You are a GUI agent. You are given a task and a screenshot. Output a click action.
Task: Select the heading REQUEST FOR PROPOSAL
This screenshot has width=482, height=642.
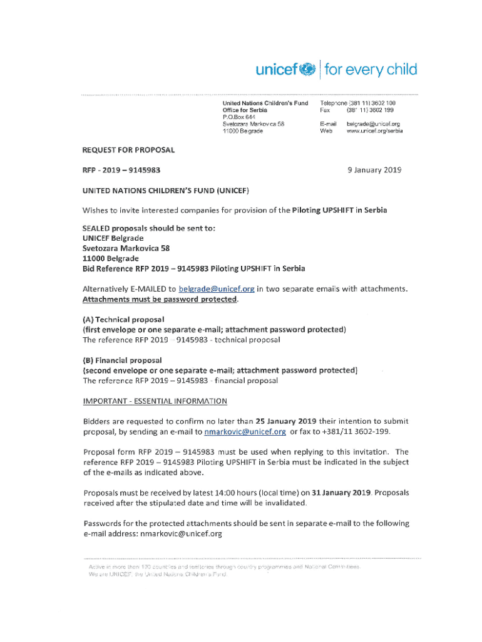click(x=129, y=150)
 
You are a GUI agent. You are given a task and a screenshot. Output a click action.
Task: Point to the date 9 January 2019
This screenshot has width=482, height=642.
click(x=374, y=170)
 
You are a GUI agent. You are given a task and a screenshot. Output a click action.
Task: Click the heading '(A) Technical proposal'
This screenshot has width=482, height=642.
click(x=123, y=320)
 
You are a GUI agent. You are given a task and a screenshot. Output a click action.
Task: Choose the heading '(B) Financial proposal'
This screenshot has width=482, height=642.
click(x=123, y=360)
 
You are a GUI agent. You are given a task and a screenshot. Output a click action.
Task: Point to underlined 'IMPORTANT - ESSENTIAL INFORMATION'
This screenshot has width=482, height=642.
click(x=155, y=401)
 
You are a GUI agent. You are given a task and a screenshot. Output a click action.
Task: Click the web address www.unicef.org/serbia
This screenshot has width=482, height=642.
click(x=374, y=132)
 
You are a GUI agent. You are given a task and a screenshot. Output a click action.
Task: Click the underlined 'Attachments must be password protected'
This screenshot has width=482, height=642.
click(x=161, y=300)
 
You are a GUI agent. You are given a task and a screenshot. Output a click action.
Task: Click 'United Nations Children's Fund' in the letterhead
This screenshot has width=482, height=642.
click(x=265, y=103)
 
